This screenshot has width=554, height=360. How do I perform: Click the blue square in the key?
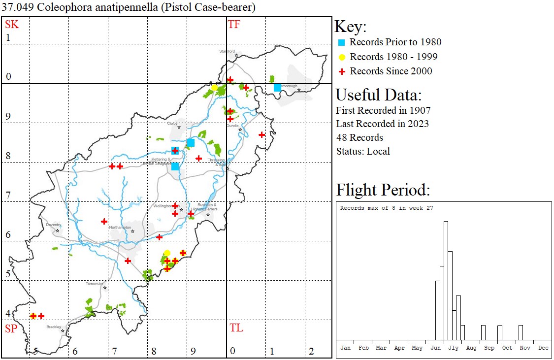(x=341, y=42)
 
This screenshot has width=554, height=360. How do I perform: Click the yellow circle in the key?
(x=341, y=57)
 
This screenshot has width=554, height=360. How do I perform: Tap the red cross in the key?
(x=341, y=71)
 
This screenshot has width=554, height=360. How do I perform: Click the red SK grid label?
(x=12, y=25)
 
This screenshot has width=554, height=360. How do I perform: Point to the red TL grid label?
(x=236, y=328)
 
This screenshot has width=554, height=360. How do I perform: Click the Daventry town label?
(x=53, y=225)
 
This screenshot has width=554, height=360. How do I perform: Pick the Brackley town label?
(x=54, y=327)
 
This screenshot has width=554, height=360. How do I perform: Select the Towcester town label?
(x=95, y=284)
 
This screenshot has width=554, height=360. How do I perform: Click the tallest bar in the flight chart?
(x=446, y=280)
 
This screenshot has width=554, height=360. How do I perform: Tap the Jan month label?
(x=346, y=348)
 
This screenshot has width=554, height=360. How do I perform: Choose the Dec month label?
(x=543, y=348)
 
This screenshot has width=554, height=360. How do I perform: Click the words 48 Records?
(x=359, y=137)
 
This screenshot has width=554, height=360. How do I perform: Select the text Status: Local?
(x=363, y=151)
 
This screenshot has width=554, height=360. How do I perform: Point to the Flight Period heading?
(x=383, y=190)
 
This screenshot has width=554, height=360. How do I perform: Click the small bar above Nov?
(x=521, y=332)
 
